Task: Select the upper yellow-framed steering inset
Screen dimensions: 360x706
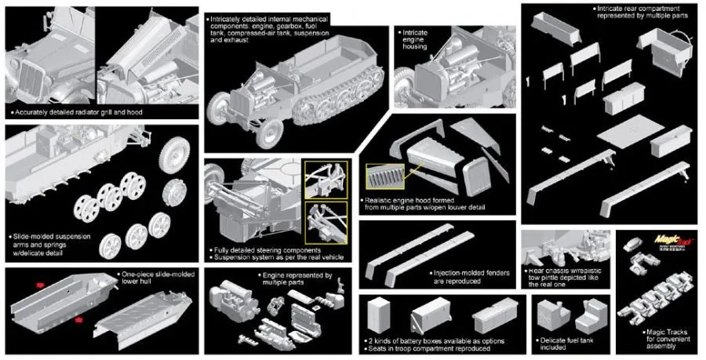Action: pos(326,180)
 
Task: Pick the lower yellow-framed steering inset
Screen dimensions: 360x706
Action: pos(326,220)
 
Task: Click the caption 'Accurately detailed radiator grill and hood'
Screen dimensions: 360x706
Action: pos(75,113)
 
